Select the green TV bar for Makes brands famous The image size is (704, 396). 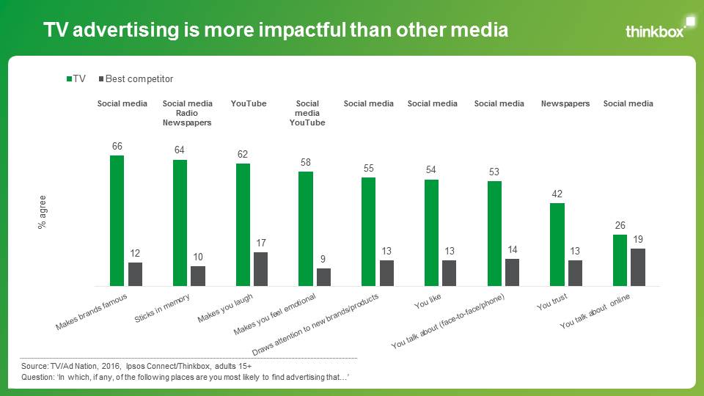point(117,220)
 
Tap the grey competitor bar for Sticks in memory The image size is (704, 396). point(198,276)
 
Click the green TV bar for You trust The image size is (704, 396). point(557,244)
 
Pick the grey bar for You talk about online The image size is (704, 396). point(638,267)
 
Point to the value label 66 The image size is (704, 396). point(117,147)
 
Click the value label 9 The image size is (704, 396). point(324,259)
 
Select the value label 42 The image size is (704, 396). point(557,194)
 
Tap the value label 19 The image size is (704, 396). point(638,239)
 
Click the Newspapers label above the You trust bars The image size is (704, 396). point(565,103)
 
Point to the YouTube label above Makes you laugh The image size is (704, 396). point(249,103)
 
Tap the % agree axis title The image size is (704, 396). point(43,213)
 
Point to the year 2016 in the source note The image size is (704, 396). point(113,364)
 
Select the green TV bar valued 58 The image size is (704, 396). point(306,228)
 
